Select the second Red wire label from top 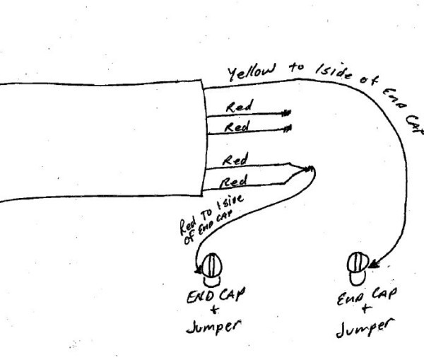tap(237, 127)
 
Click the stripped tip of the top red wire tap(286, 112)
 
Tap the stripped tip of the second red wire tap(286, 129)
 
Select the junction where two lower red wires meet tap(309, 169)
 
